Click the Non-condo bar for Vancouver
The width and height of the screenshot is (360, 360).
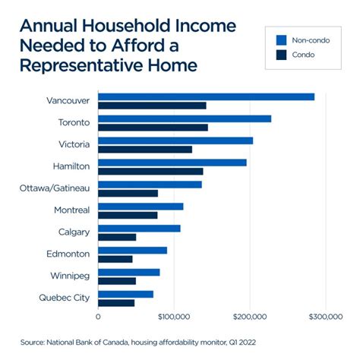pos(206,96)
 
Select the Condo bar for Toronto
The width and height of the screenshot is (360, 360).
pos(153,127)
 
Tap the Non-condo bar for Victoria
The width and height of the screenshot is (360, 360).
pos(175,141)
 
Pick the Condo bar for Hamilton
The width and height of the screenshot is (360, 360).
pos(150,171)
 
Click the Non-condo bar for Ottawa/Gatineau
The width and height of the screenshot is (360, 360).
pos(150,185)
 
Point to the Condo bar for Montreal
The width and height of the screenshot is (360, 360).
pos(128,215)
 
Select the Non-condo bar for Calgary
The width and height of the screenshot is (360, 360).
pos(139,229)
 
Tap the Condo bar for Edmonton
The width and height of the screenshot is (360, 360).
pos(115,259)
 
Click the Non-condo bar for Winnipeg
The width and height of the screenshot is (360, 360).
pos(129,272)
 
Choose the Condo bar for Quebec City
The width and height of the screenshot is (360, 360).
pos(116,302)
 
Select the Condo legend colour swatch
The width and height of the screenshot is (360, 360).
pos(280,55)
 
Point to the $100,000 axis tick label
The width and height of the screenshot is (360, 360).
pos(174,315)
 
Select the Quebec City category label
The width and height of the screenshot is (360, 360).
pos(64,298)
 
